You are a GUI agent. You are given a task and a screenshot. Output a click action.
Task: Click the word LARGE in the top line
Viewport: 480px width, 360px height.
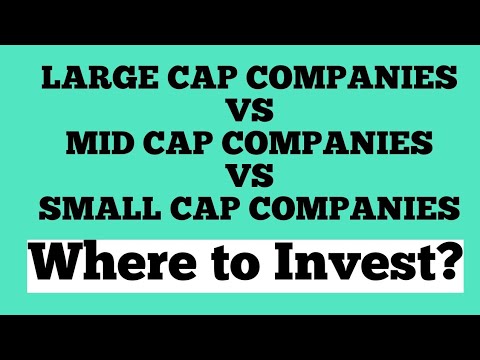tap(87, 78)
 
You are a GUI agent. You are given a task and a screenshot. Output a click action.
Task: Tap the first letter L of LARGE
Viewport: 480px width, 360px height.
tap(47, 78)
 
